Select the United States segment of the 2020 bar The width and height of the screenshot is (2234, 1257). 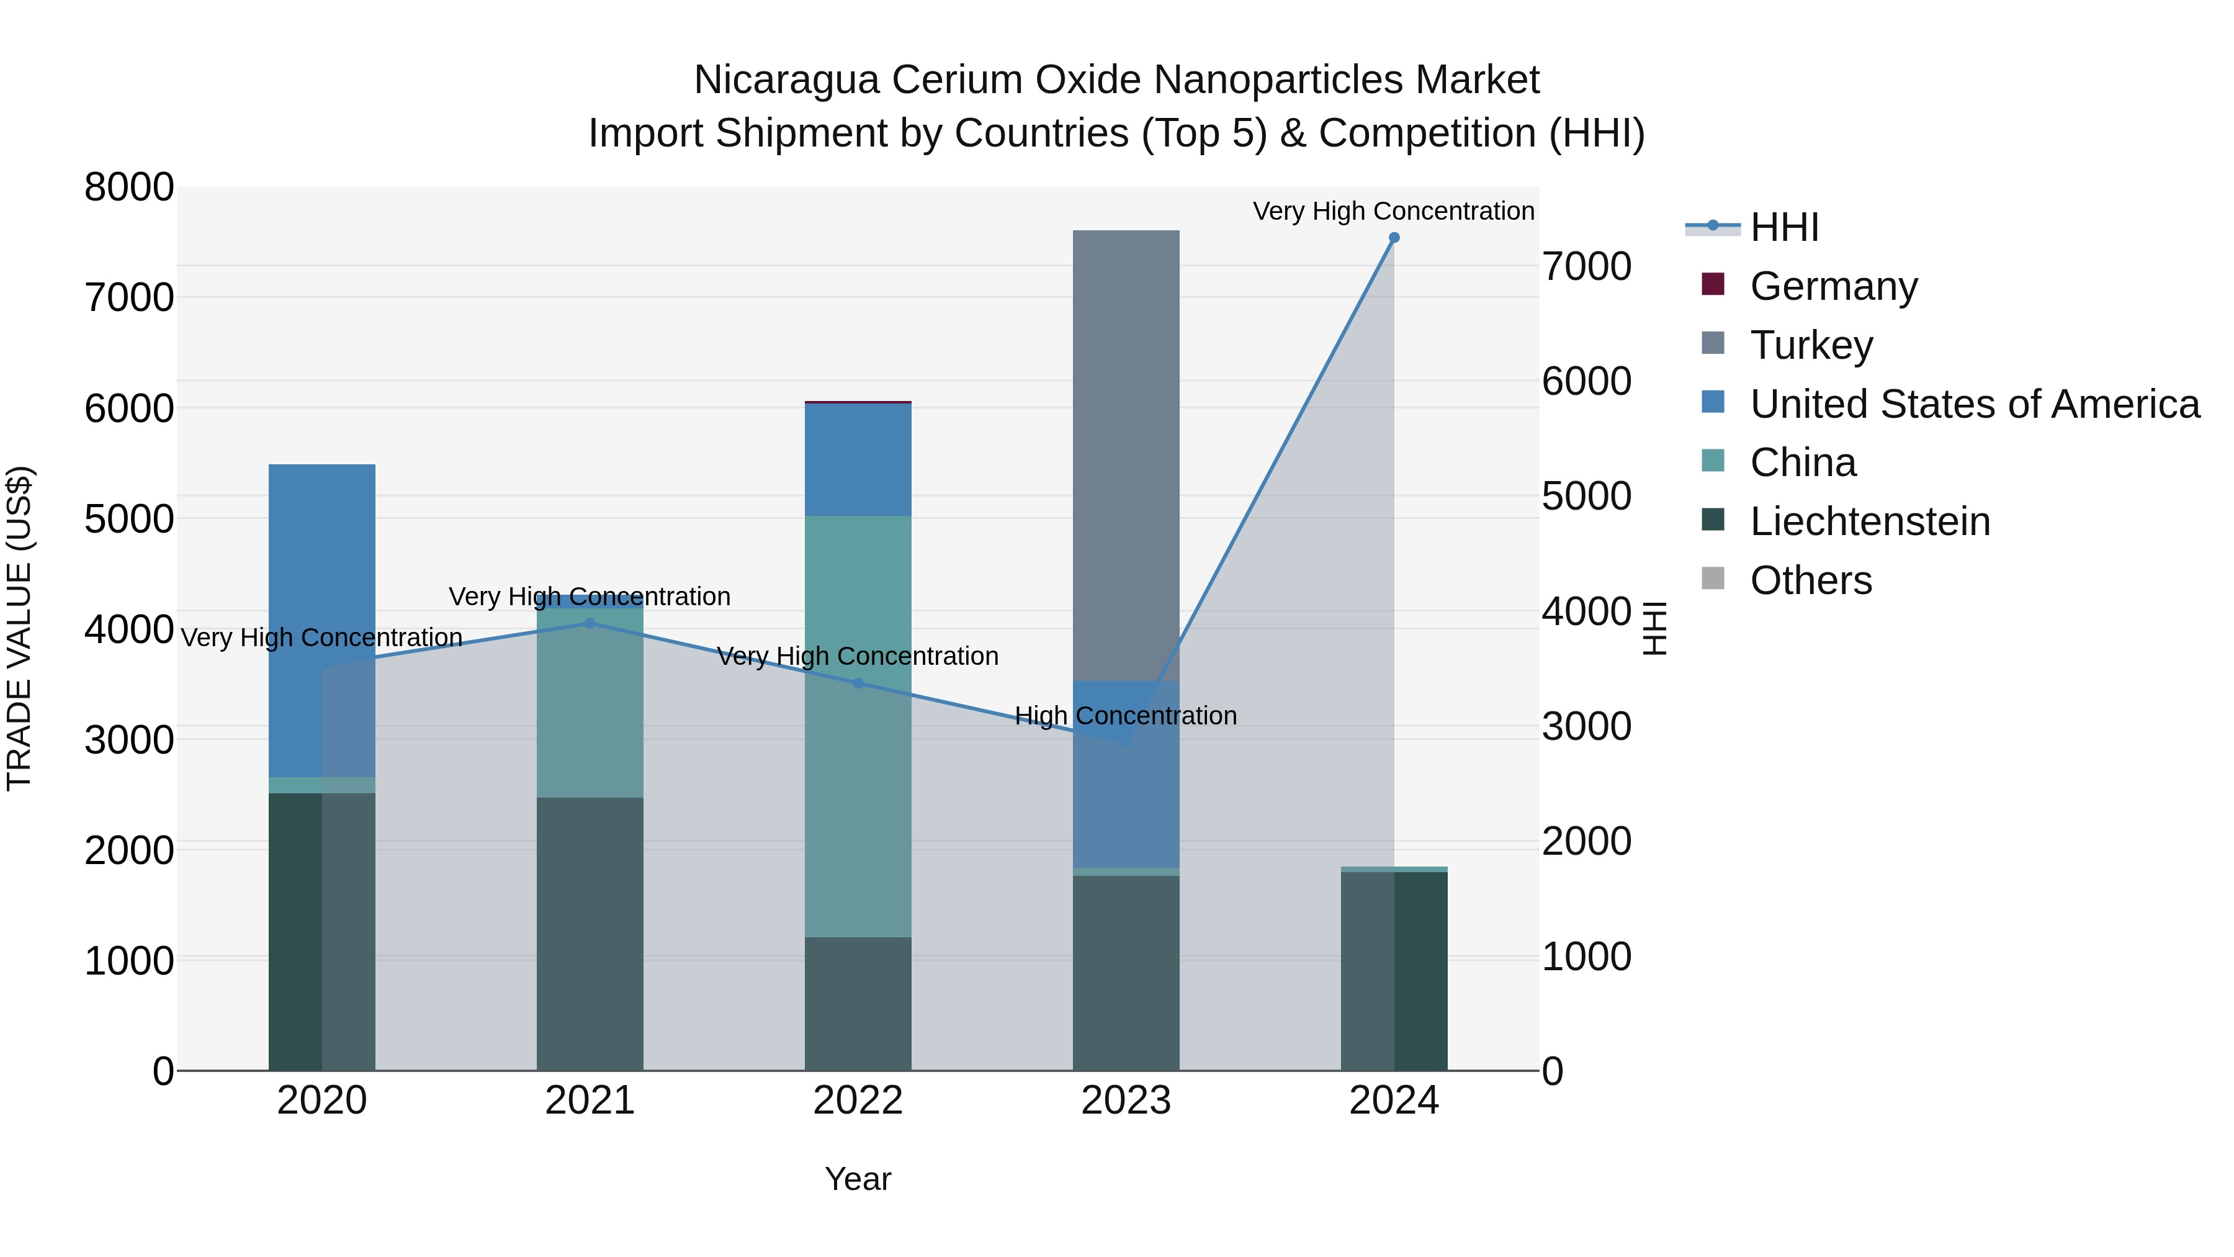(x=321, y=620)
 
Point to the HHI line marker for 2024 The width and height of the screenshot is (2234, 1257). (x=1394, y=238)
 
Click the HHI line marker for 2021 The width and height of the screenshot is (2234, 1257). (x=590, y=623)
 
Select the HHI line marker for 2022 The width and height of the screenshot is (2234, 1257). (x=858, y=683)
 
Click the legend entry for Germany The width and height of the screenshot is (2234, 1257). (x=1833, y=286)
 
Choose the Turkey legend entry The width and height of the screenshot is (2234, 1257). (x=1811, y=345)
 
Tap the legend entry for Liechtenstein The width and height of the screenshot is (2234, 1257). (x=1869, y=521)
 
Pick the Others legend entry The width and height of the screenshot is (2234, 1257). (x=1810, y=580)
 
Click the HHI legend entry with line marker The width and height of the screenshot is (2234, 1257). (x=1783, y=227)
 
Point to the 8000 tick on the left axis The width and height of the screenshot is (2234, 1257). (x=129, y=187)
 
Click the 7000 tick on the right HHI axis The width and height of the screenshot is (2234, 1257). (x=1586, y=266)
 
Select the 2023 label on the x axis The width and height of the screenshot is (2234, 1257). (x=1126, y=1101)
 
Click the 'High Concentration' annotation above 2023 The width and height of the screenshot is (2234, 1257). (x=1126, y=716)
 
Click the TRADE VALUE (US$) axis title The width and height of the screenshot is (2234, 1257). (x=20, y=628)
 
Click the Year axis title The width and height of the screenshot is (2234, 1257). (x=858, y=1179)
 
